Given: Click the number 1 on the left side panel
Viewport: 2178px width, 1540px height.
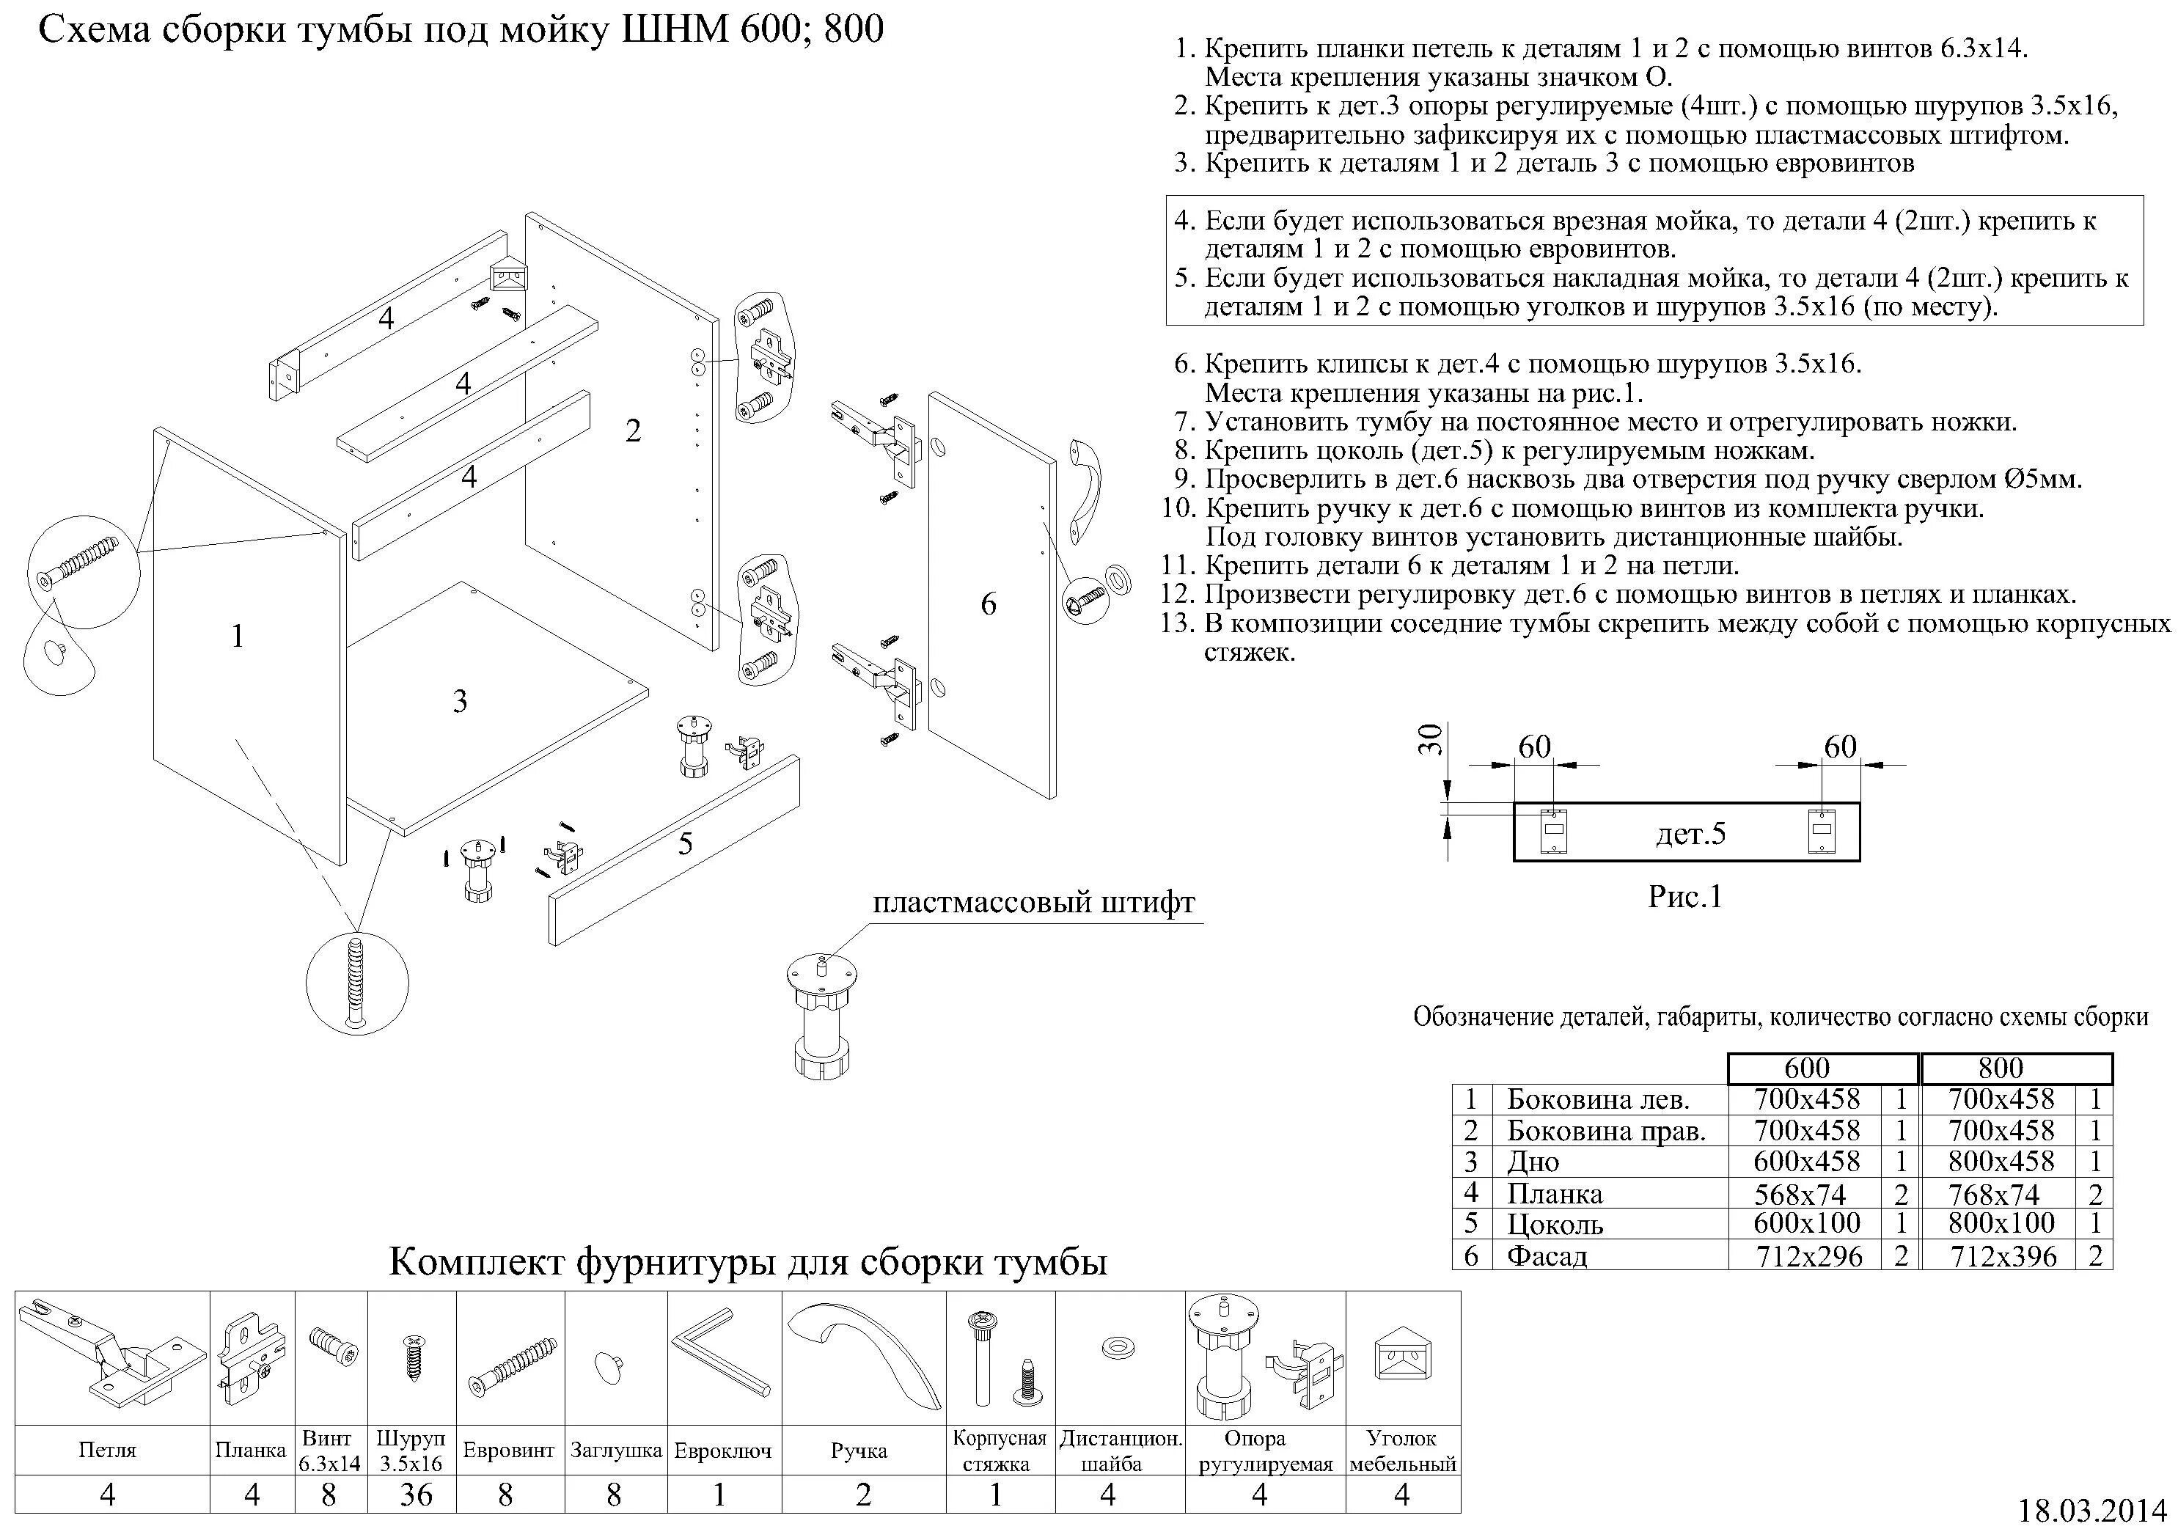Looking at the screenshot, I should [238, 636].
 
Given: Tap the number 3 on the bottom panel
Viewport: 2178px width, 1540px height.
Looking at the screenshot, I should [460, 701].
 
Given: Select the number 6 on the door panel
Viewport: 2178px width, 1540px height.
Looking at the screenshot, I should [989, 604].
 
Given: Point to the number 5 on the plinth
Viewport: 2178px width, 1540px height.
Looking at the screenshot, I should [685, 843].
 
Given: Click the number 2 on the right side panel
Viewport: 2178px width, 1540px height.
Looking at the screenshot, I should [634, 430].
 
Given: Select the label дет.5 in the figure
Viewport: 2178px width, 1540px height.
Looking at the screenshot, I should [1690, 833].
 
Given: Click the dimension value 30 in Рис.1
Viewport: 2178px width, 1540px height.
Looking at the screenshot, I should [1431, 739].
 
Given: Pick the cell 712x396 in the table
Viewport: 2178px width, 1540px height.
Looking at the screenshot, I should [2003, 1256].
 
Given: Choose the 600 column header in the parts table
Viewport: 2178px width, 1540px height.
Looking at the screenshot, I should [1806, 1068].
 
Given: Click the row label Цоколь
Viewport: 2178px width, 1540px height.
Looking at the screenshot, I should [1555, 1224].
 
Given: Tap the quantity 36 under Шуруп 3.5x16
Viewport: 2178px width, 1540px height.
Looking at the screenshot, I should [416, 1495].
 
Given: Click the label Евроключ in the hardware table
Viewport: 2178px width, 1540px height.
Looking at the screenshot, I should [723, 1451].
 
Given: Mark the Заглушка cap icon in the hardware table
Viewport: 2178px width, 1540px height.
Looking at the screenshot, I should [611, 1366].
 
